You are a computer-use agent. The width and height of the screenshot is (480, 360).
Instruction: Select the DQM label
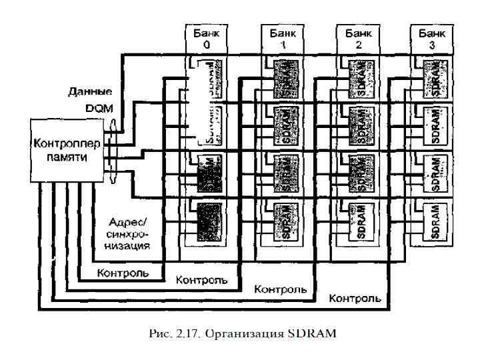point(98,107)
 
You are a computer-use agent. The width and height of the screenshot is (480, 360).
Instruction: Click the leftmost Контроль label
point(123,272)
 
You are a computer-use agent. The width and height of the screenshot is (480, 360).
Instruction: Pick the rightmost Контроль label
point(355,297)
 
